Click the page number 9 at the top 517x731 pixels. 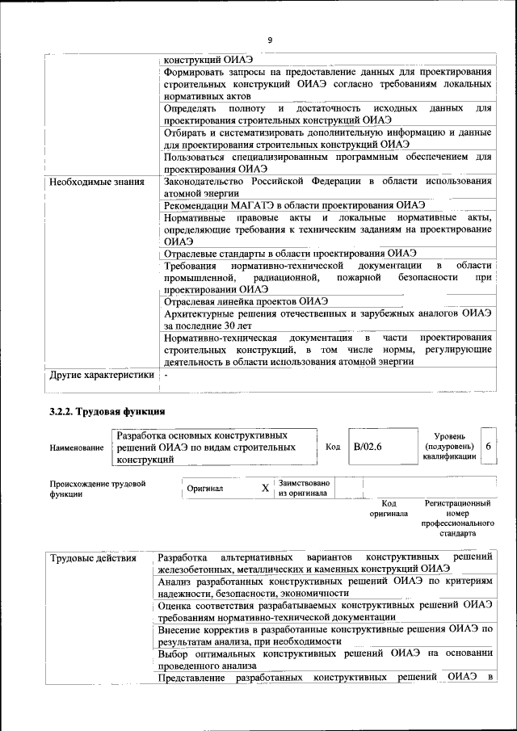point(270,40)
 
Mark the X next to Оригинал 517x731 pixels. point(265,489)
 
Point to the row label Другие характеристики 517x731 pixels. point(101,375)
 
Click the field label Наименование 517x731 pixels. point(77,448)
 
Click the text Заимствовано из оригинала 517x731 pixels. point(303,488)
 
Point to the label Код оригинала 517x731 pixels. point(389,508)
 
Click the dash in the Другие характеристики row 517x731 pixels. point(166,375)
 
